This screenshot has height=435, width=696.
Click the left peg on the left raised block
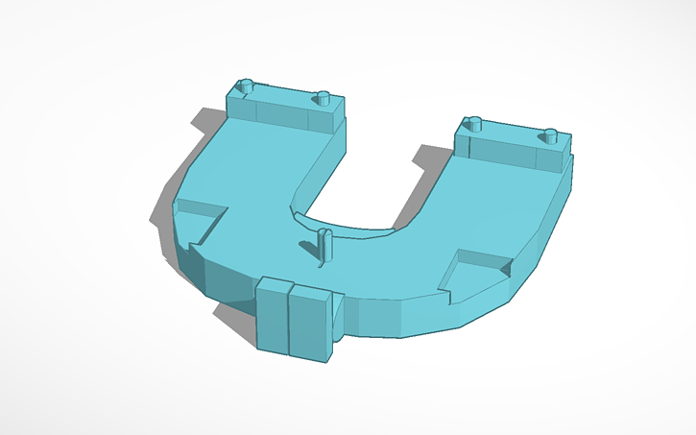pos(246,86)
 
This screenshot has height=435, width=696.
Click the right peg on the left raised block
pos(324,97)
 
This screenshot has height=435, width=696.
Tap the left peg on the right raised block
pos(473,124)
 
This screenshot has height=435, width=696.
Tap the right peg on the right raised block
pos(551,134)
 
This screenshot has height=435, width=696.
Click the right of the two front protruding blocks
pos(310,324)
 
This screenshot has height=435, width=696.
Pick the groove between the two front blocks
pos(290,321)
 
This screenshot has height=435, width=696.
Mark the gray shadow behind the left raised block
pos(208,121)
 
